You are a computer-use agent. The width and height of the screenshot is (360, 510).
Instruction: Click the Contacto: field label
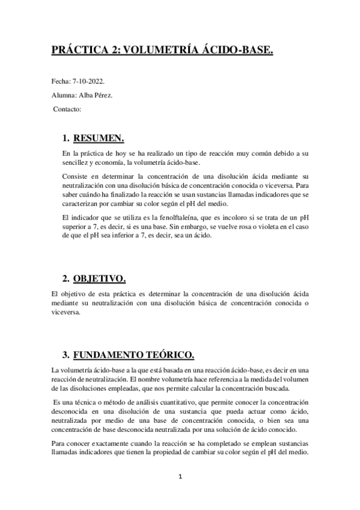[x=67, y=109]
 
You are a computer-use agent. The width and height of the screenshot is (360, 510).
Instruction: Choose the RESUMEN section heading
[x=99, y=139]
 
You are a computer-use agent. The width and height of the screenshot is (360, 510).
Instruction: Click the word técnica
[x=82, y=402]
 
